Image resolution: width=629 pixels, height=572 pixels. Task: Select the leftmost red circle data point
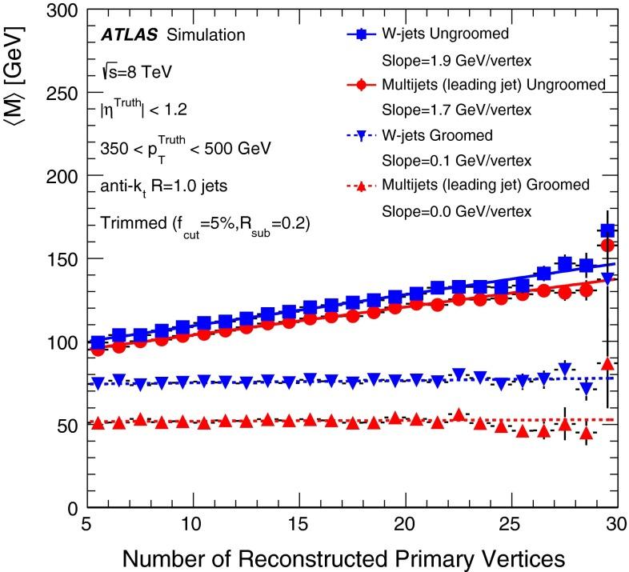98,349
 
